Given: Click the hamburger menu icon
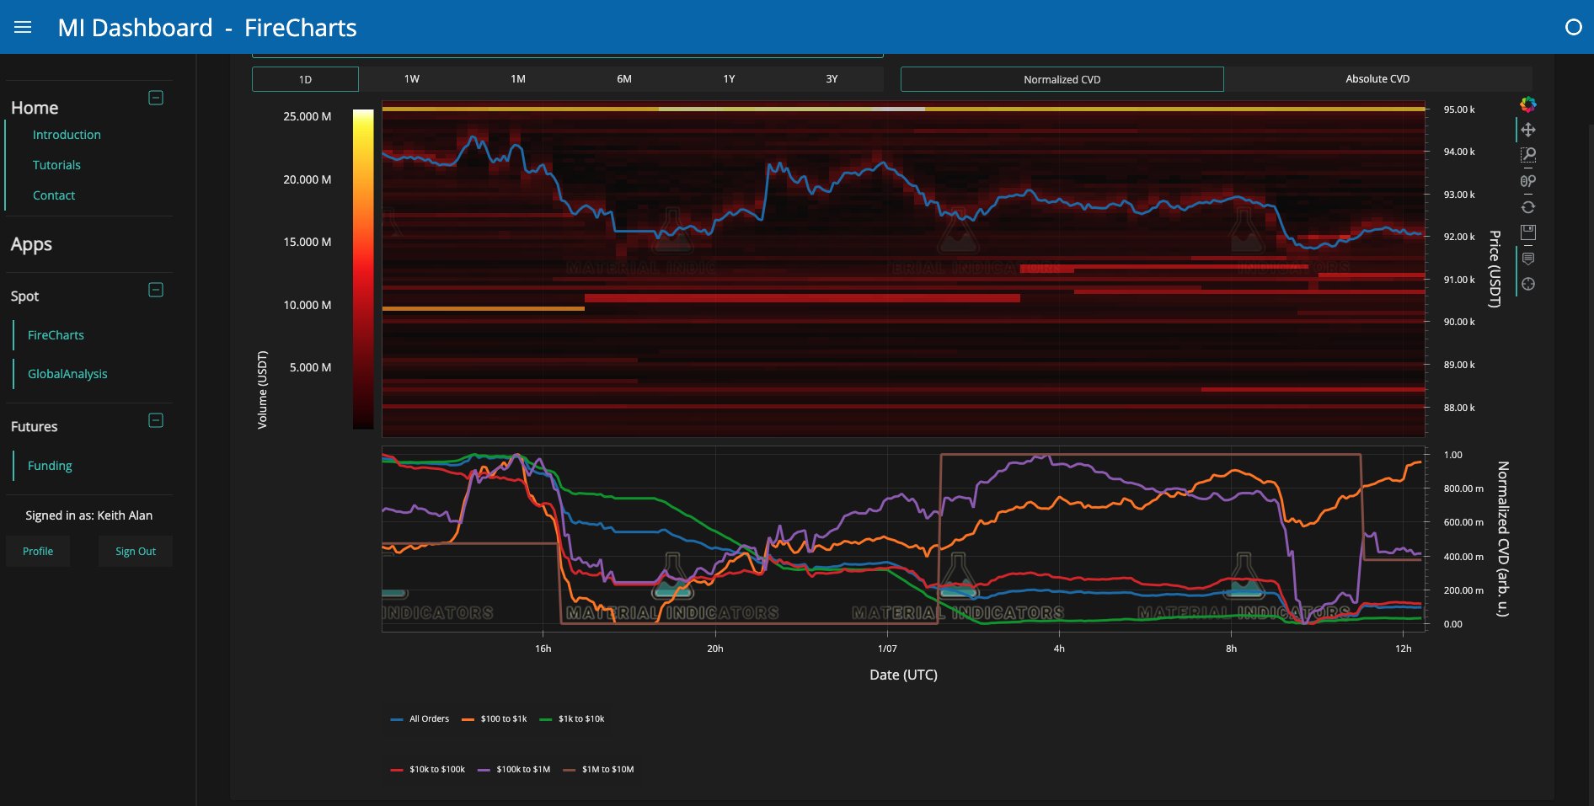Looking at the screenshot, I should click(x=23, y=27).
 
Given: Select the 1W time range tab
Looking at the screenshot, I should click(x=411, y=79).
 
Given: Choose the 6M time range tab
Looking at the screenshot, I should click(x=623, y=79).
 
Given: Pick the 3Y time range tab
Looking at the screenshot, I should click(x=832, y=79).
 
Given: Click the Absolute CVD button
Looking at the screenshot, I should click(x=1377, y=79).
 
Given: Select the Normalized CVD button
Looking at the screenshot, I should click(x=1062, y=79).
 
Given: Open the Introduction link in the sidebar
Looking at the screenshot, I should click(x=67, y=135).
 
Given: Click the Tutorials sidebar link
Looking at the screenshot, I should click(x=56, y=165).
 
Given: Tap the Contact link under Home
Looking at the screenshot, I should click(x=54, y=195).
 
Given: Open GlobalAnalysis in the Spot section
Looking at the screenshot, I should click(x=67, y=374).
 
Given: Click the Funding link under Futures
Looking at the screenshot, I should click(x=50, y=466).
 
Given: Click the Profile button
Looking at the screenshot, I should click(x=38, y=552).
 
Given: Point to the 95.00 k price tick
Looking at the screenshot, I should click(x=1458, y=109).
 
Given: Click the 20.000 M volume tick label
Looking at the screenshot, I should click(x=307, y=179).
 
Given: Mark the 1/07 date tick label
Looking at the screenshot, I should click(x=887, y=649).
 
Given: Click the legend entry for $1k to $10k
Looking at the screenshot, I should click(x=580, y=719).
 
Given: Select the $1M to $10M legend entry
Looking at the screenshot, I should click(x=607, y=770).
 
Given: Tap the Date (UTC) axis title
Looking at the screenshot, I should click(x=903, y=675).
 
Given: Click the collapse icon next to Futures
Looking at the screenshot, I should click(x=156, y=420).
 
